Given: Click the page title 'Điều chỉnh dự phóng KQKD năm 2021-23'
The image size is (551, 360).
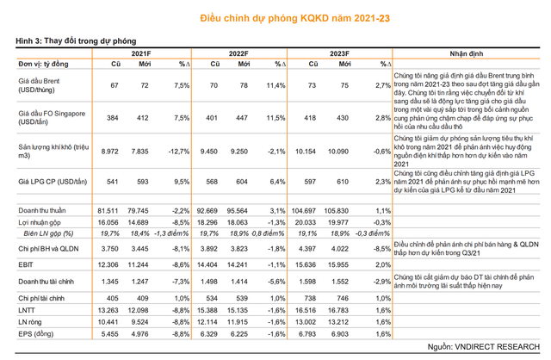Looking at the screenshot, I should [x=275, y=17].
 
